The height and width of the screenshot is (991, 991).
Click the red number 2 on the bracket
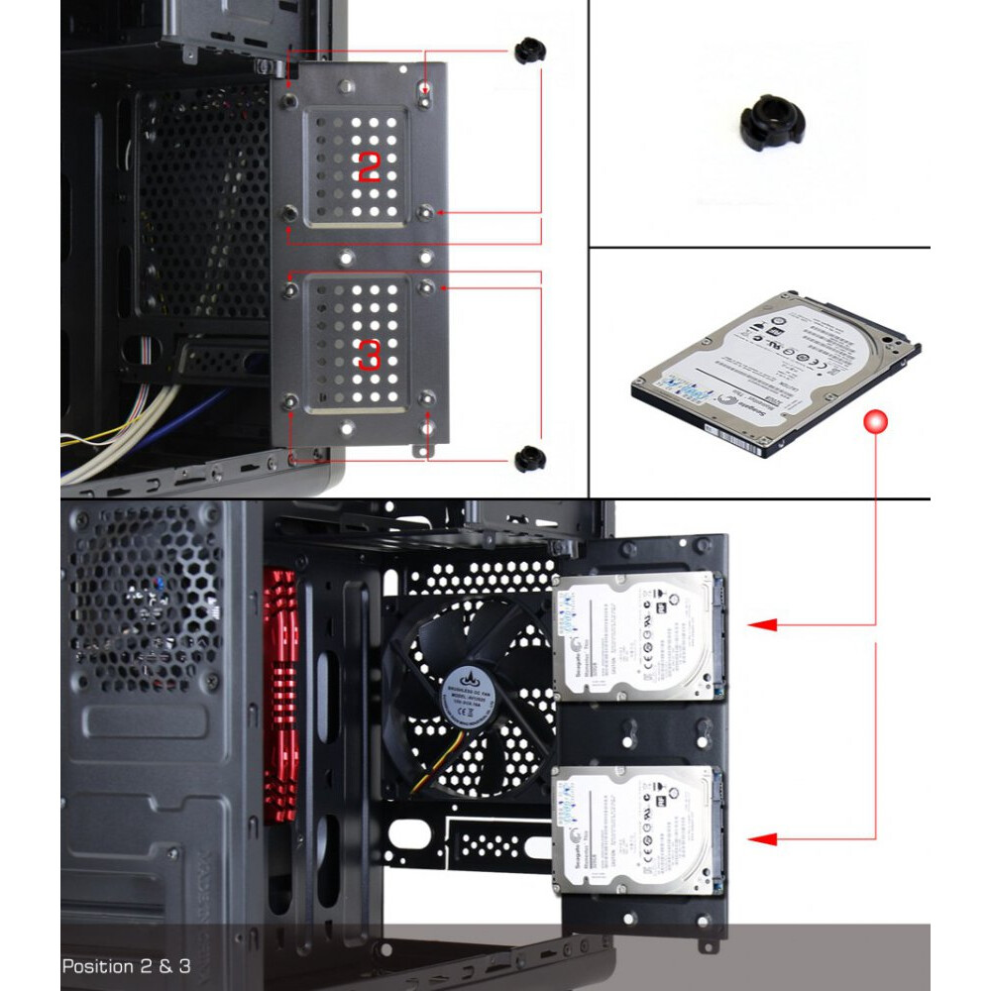368,166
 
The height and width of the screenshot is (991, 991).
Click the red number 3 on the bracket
368,354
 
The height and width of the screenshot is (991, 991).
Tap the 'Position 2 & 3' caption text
126,964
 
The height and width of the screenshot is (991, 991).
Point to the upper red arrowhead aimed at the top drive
761,625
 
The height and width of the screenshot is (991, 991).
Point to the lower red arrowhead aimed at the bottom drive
761,839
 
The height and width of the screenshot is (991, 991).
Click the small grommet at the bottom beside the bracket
529,457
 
